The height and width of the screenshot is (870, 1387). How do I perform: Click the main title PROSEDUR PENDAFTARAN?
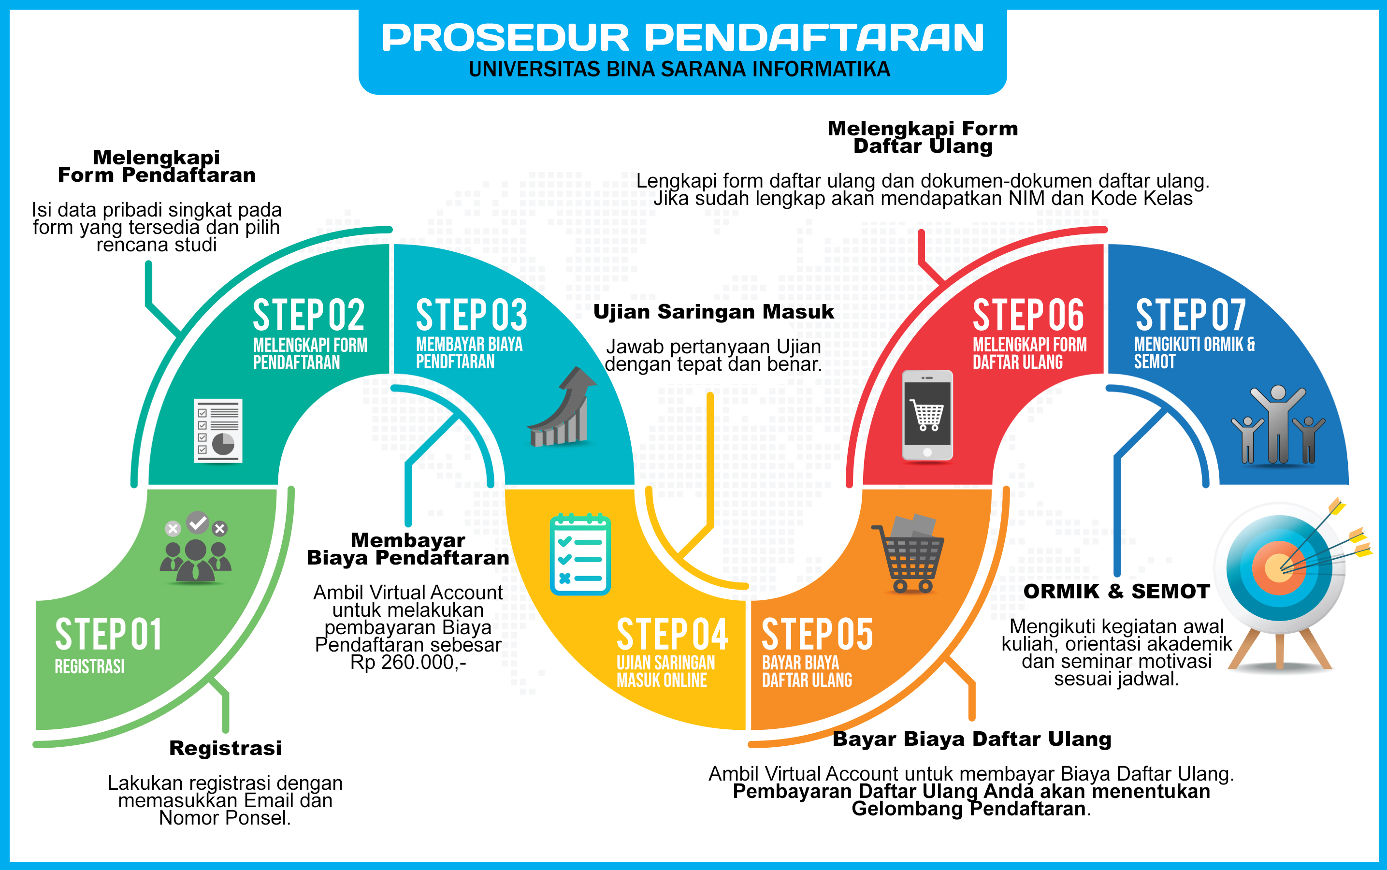coord(682,38)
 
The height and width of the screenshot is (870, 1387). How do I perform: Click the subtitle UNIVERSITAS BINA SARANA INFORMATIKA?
coord(679,70)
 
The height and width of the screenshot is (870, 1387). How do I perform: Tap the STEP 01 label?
coord(108,635)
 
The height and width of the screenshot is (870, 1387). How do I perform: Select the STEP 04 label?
coord(672,635)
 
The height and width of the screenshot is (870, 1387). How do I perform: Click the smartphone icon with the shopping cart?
coord(927,415)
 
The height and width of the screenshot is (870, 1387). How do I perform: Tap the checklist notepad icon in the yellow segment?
coord(580,554)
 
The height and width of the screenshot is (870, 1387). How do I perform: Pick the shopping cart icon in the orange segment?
coord(910,554)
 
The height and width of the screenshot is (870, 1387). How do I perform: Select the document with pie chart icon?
coord(218,430)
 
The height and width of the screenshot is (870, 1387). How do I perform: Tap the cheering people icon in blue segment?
coord(1278,426)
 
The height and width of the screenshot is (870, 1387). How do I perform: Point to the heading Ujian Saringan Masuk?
coord(713,312)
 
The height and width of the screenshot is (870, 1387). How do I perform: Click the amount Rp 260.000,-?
coord(408,662)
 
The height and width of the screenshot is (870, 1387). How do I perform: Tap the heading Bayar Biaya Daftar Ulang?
coord(972,739)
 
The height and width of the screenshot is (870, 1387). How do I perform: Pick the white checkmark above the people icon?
coord(198,522)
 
